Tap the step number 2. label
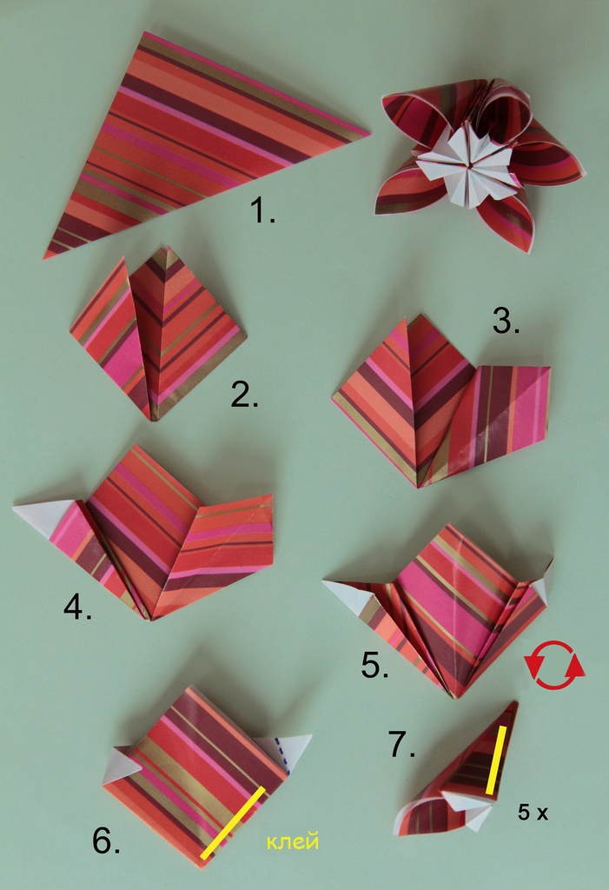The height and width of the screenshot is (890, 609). coord(245,395)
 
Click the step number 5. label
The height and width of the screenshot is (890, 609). coord(375,665)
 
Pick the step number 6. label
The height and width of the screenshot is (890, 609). coord(106,840)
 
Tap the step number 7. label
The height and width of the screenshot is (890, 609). coord(402,744)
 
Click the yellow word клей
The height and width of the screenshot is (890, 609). coord(293,840)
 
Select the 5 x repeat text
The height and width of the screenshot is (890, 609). coord(533,813)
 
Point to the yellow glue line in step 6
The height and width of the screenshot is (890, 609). coord(233,822)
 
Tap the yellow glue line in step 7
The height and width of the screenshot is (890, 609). coord(495,760)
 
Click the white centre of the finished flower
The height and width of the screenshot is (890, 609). coord(468,164)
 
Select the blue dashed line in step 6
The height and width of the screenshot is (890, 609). coord(281,755)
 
